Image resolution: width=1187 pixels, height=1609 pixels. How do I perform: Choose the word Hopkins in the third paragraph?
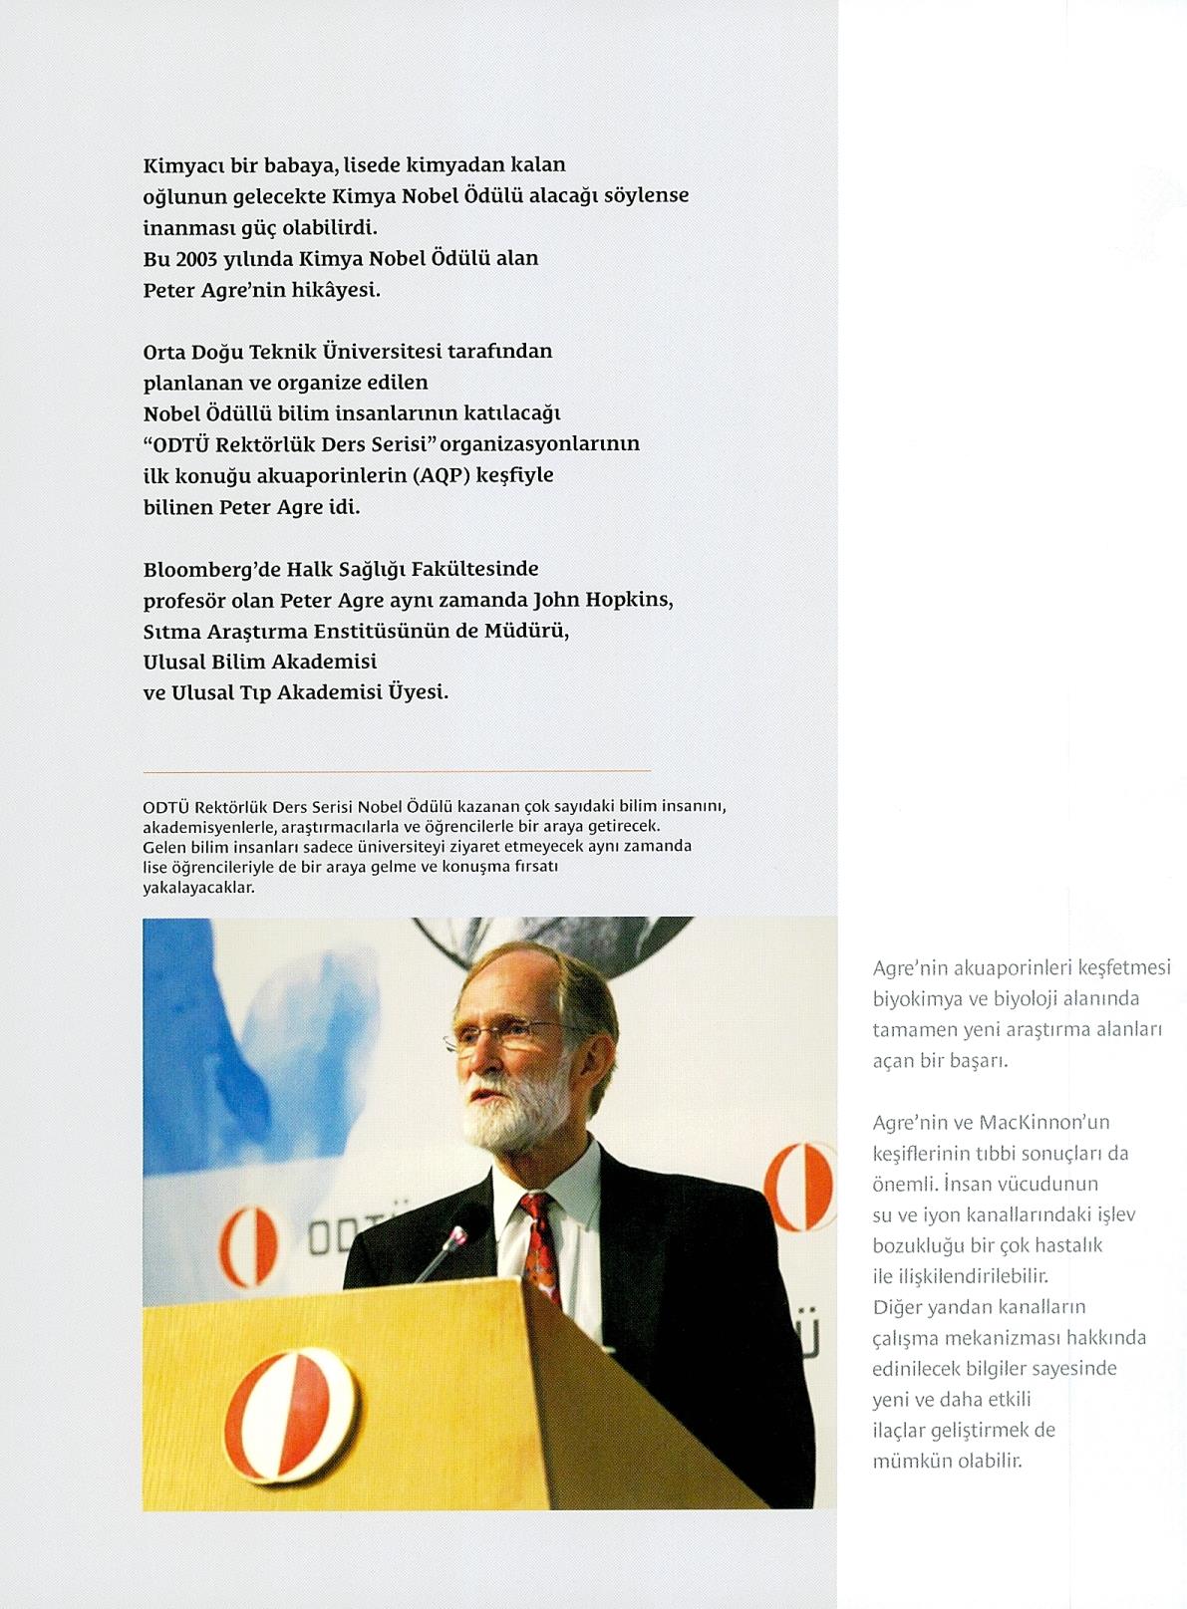click(631, 601)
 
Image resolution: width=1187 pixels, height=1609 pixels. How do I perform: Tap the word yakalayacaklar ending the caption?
click(198, 888)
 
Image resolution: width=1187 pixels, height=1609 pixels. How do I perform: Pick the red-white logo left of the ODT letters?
click(249, 1245)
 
